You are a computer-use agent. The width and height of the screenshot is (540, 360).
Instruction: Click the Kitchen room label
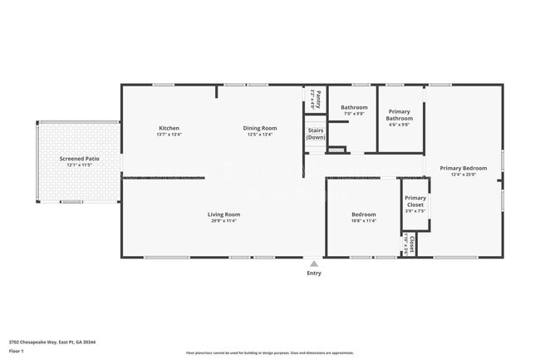(x=169, y=128)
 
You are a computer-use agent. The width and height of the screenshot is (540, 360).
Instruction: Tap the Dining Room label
(x=260, y=128)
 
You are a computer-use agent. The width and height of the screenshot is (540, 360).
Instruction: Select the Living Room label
(x=223, y=215)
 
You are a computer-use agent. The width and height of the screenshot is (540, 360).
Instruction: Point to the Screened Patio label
(x=79, y=158)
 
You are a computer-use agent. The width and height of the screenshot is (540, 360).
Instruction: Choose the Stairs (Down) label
(x=316, y=134)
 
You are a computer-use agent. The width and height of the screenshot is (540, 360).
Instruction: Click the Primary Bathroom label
(x=399, y=115)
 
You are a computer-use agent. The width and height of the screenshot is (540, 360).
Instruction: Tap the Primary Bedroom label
(x=464, y=169)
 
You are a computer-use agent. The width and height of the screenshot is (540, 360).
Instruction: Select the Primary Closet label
(x=415, y=201)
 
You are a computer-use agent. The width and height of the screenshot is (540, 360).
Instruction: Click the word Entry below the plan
(x=314, y=273)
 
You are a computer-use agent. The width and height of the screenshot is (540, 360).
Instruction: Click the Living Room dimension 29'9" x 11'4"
(x=223, y=221)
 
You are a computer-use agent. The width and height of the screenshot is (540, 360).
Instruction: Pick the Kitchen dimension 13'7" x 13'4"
(x=169, y=134)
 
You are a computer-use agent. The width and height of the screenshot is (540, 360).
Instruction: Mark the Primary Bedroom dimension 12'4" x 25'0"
(x=464, y=175)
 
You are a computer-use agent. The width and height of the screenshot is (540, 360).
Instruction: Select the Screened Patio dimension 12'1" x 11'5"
(x=79, y=165)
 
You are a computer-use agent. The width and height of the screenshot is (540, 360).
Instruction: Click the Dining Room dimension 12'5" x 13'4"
(x=260, y=134)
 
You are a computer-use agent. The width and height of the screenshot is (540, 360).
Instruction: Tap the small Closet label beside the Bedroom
(x=410, y=243)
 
